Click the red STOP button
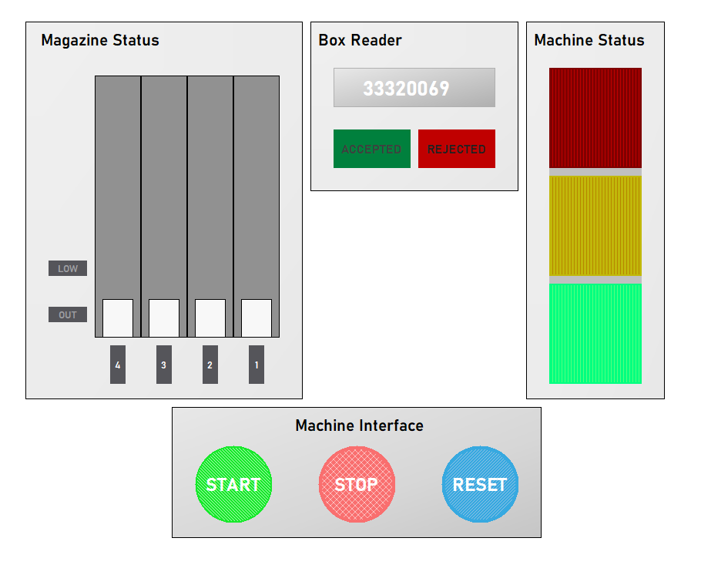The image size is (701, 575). (x=357, y=484)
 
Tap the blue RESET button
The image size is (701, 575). (x=480, y=484)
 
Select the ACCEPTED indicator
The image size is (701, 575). (x=371, y=149)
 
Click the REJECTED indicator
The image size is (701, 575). (x=457, y=149)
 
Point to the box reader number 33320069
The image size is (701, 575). (x=414, y=88)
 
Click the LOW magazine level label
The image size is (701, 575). (x=68, y=268)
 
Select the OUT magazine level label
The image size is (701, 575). (x=68, y=314)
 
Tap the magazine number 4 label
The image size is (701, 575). (x=118, y=365)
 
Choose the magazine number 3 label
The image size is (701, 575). (x=164, y=365)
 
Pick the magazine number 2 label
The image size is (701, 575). (x=210, y=365)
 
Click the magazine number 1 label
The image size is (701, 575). (x=257, y=365)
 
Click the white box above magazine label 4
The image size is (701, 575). (x=118, y=318)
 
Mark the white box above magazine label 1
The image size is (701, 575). (x=257, y=318)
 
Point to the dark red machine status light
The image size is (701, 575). (x=595, y=117)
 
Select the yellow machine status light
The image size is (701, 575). (x=595, y=225)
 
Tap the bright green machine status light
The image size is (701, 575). (x=595, y=333)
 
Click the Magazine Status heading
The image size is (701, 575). (x=100, y=40)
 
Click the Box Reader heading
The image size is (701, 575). (x=360, y=40)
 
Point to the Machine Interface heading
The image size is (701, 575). (x=359, y=425)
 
